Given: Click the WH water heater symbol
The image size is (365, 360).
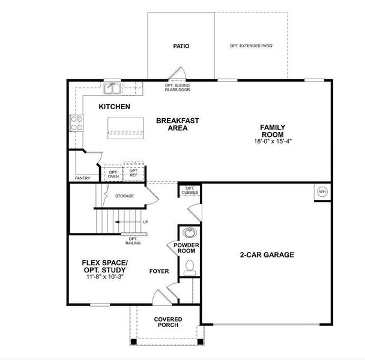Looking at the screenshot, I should click(322, 191).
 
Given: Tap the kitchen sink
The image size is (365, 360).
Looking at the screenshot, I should click(112, 89).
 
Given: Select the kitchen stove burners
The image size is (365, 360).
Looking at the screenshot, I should click(77, 123).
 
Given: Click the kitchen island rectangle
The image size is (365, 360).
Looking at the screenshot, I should click(126, 128).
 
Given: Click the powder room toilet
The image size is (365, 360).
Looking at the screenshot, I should click(190, 266).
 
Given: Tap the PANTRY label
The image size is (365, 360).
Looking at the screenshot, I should click(82, 178).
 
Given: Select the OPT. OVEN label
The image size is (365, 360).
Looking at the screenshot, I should click(113, 173).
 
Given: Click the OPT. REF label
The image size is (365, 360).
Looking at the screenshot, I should click(133, 173).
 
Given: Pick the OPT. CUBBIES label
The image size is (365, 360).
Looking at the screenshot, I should click(190, 191).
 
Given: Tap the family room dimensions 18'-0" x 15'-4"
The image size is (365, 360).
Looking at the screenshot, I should click(272, 142).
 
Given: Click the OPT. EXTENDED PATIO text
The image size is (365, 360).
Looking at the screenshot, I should click(250, 46).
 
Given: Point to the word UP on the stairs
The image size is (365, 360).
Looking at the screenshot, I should click(145, 223).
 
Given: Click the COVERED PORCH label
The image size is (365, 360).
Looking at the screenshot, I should click(168, 322).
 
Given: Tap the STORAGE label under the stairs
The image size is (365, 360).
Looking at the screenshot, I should click(124, 196).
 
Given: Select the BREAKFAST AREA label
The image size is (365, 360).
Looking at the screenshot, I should click(177, 124).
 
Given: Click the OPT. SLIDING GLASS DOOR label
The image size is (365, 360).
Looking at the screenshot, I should click(177, 88).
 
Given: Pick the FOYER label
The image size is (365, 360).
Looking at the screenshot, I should click(159, 271).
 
